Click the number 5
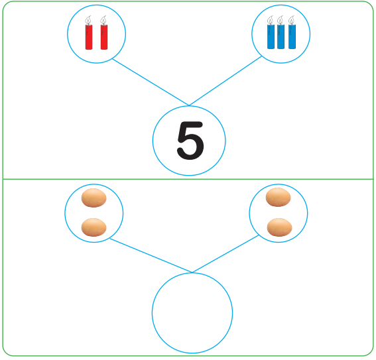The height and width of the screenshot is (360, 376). click(190, 141)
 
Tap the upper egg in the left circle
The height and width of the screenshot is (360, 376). click(94, 198)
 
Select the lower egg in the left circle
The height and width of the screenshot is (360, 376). click(94, 227)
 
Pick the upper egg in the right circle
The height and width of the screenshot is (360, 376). click(278, 198)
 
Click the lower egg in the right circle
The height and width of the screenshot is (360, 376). click(279, 227)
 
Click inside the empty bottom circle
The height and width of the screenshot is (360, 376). click(192, 313)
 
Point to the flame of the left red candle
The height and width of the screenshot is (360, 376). click(88, 20)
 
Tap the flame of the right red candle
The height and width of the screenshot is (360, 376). click(103, 20)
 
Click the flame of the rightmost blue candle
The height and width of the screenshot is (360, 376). click(292, 20)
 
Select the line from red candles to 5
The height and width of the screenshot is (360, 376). click(151, 82)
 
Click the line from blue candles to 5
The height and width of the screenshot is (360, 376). click(225, 81)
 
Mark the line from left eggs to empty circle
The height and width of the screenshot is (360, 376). click(151, 255)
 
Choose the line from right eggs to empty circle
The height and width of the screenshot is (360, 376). click(225, 254)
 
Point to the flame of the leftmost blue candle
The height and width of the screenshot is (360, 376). click(271, 20)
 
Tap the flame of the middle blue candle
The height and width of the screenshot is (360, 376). click(280, 20)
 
